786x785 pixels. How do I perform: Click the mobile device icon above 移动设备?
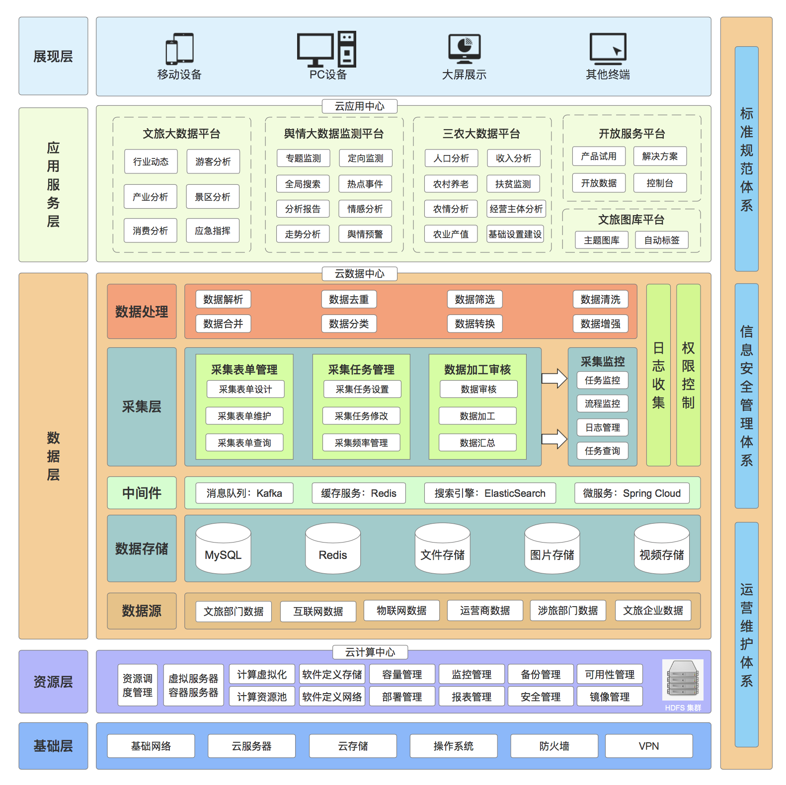tap(179, 49)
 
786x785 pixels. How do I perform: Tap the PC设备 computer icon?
tap(326, 49)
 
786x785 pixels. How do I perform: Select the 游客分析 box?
tap(213, 161)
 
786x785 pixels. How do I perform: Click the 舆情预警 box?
tap(365, 234)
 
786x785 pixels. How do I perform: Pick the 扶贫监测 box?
tap(513, 184)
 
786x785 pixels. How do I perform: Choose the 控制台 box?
tap(660, 183)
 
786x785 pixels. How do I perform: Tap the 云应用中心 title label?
tap(359, 106)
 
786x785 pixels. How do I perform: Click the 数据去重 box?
tap(349, 300)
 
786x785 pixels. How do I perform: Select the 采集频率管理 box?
tap(361, 443)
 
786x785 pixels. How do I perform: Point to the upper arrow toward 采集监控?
tap(554, 379)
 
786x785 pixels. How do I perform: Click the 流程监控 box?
tap(603, 403)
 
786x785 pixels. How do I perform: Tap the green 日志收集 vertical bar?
tap(658, 375)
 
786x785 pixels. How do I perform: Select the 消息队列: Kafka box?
tap(244, 493)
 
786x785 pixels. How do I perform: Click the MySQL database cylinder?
tap(223, 549)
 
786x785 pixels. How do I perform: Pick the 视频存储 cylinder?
tap(661, 549)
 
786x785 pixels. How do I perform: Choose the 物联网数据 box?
tap(401, 611)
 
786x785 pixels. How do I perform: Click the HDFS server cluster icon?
tap(683, 679)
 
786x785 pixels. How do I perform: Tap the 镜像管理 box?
tap(610, 697)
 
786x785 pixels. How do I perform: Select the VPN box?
tap(649, 746)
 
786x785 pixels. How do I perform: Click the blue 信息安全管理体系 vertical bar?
tap(747, 396)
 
